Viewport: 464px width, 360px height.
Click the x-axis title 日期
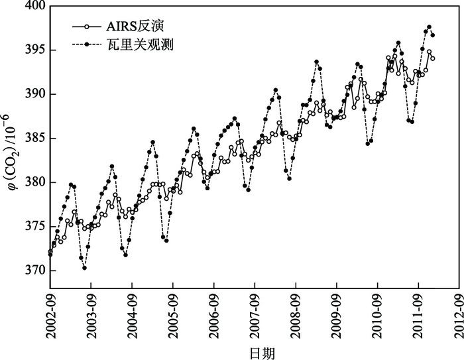coord(255,351)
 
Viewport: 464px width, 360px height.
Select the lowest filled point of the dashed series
coord(85,268)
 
